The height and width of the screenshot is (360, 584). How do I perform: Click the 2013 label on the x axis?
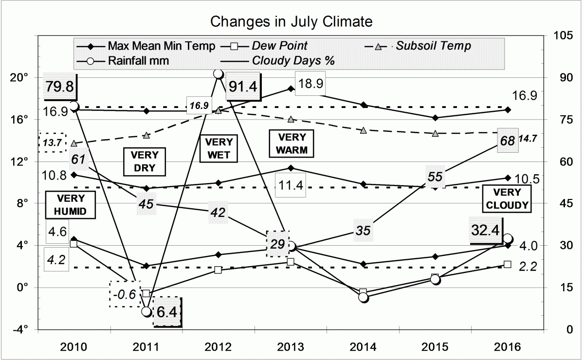point(291,347)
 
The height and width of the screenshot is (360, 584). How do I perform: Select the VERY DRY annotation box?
point(146,162)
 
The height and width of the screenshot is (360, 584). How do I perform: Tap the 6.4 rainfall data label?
point(167,312)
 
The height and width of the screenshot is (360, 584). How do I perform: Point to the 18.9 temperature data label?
point(310,83)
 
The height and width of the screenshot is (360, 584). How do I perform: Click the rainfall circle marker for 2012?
point(219,74)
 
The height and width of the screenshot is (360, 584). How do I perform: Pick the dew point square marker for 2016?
point(508,264)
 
